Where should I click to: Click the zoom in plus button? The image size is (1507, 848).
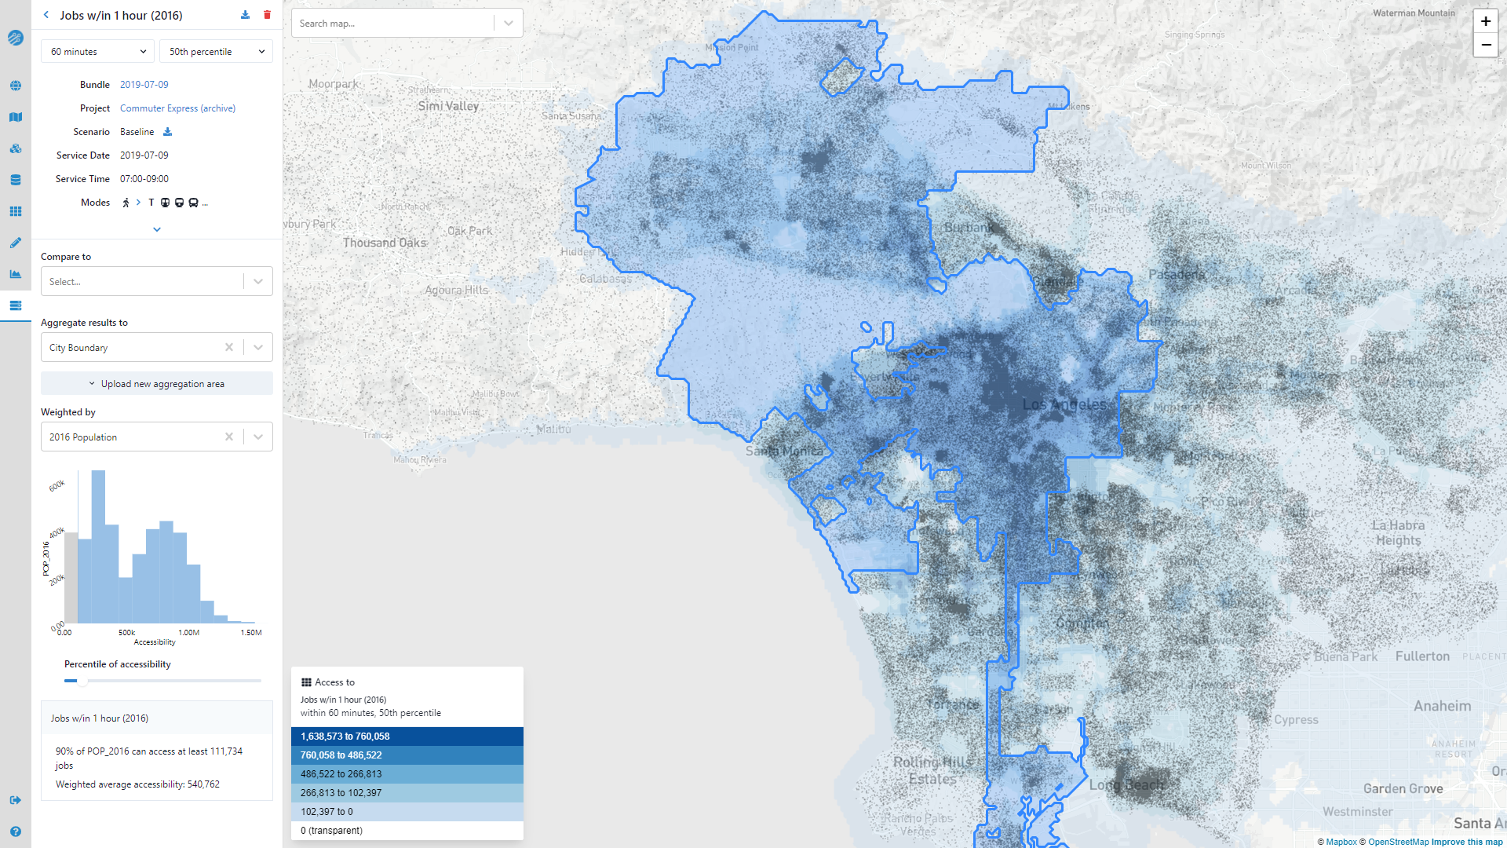pyautogui.click(x=1485, y=22)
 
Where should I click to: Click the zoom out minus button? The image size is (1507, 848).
pyautogui.click(x=1485, y=46)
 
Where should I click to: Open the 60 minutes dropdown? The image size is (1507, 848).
pyautogui.click(x=97, y=52)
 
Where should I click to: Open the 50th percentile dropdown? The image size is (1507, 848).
pyautogui.click(x=216, y=52)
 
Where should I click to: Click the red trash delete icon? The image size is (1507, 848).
pyautogui.click(x=267, y=15)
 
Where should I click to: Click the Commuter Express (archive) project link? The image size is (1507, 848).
pyautogui.click(x=177, y=108)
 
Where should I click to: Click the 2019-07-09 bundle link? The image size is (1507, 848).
pyautogui.click(x=144, y=85)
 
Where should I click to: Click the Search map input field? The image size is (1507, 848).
pyautogui.click(x=392, y=24)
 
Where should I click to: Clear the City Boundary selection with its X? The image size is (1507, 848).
pyautogui.click(x=229, y=347)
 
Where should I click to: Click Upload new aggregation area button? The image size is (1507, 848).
pyautogui.click(x=157, y=384)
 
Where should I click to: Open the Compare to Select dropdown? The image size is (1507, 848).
pyautogui.click(x=157, y=282)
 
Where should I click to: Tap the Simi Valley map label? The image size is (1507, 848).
pyautogui.click(x=448, y=106)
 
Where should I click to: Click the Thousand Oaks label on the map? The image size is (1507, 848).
pyautogui.click(x=385, y=243)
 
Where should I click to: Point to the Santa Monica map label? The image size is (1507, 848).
pyautogui.click(x=784, y=451)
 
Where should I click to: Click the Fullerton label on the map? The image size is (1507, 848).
pyautogui.click(x=1422, y=656)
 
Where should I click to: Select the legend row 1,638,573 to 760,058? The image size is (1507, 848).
pyautogui.click(x=407, y=737)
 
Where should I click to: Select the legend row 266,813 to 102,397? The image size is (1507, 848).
pyautogui.click(x=407, y=793)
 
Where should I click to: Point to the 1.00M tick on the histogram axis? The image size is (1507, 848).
pyautogui.click(x=189, y=633)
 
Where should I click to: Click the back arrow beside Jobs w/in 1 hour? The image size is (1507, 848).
pyautogui.click(x=46, y=15)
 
